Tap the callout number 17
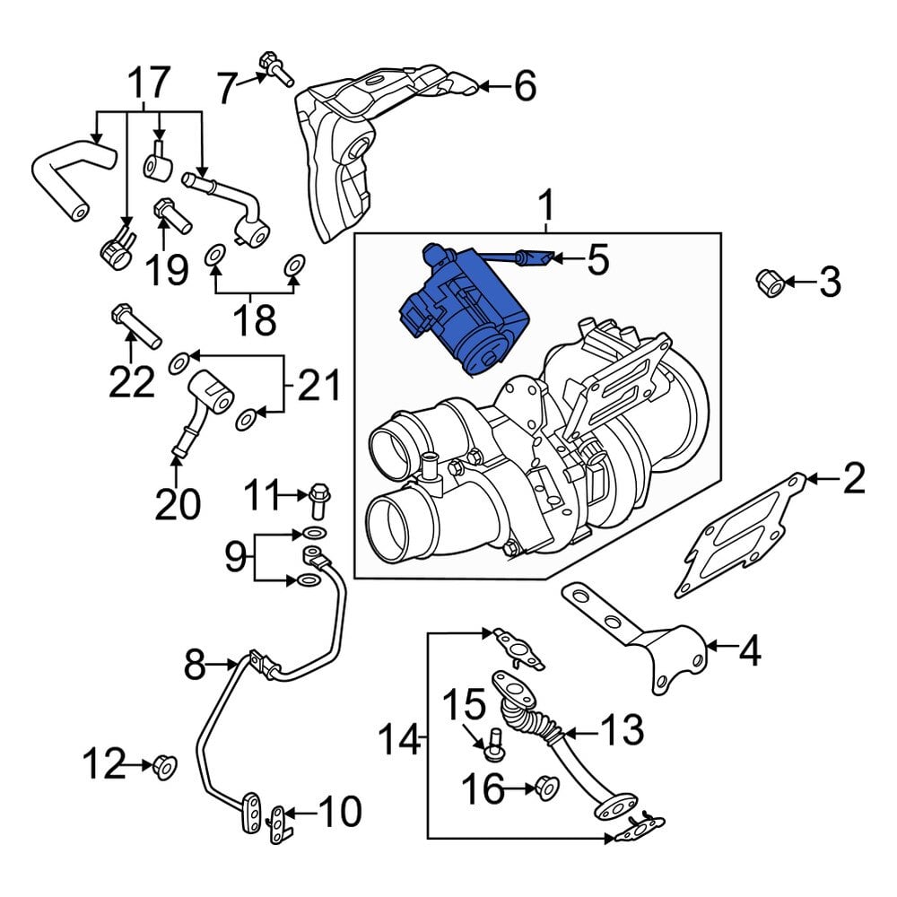coord(148,83)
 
